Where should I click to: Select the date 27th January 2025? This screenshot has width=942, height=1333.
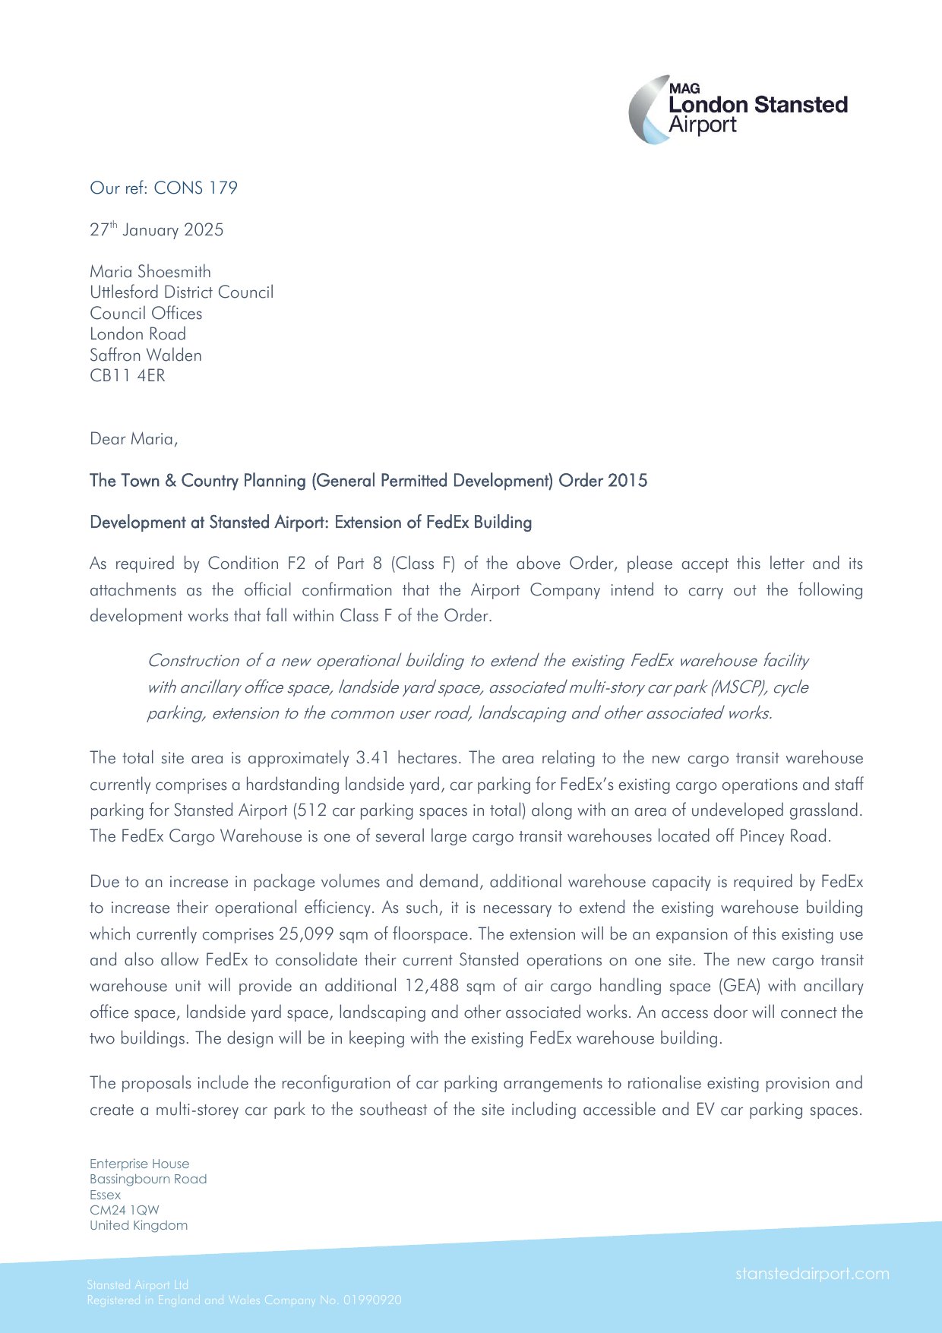point(156,230)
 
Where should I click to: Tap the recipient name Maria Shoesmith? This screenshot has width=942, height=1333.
point(150,272)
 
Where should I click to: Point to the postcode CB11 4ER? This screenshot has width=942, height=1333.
point(127,376)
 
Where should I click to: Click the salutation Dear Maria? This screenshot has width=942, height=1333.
point(134,439)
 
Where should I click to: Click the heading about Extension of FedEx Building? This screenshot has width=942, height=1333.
point(311,523)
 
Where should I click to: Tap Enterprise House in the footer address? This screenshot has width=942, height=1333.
point(139,1164)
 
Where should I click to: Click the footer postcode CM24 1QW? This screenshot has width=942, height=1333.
point(125,1210)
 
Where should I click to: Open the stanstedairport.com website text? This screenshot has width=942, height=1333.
point(811,1274)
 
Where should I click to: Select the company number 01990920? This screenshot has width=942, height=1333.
point(372,1300)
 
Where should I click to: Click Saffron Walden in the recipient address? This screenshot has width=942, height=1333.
point(146,355)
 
